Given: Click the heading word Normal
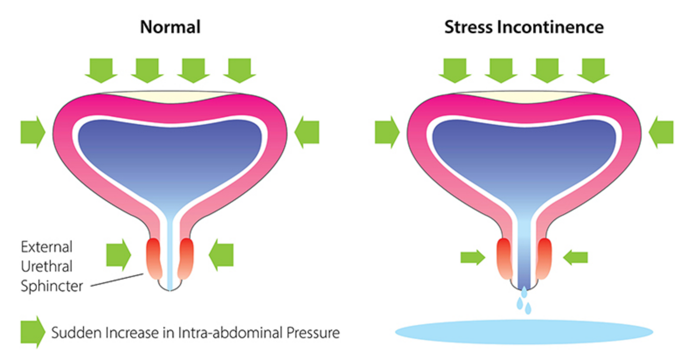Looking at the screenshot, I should click(170, 27).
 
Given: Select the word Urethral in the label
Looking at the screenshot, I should click(46, 266).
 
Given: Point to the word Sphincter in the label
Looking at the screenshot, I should click(52, 286).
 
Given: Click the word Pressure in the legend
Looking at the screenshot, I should click(313, 332).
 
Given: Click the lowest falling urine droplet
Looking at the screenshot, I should click(528, 309).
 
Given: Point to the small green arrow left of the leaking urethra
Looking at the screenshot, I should click(473, 258).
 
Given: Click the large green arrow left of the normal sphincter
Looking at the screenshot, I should click(118, 255).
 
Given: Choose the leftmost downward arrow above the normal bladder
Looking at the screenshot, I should click(101, 70).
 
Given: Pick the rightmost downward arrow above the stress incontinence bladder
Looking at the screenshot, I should click(593, 70).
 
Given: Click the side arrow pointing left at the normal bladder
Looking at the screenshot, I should click(307, 132).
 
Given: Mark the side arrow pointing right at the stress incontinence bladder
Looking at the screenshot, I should click(387, 132).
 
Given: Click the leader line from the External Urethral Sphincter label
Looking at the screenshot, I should click(117, 280).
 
